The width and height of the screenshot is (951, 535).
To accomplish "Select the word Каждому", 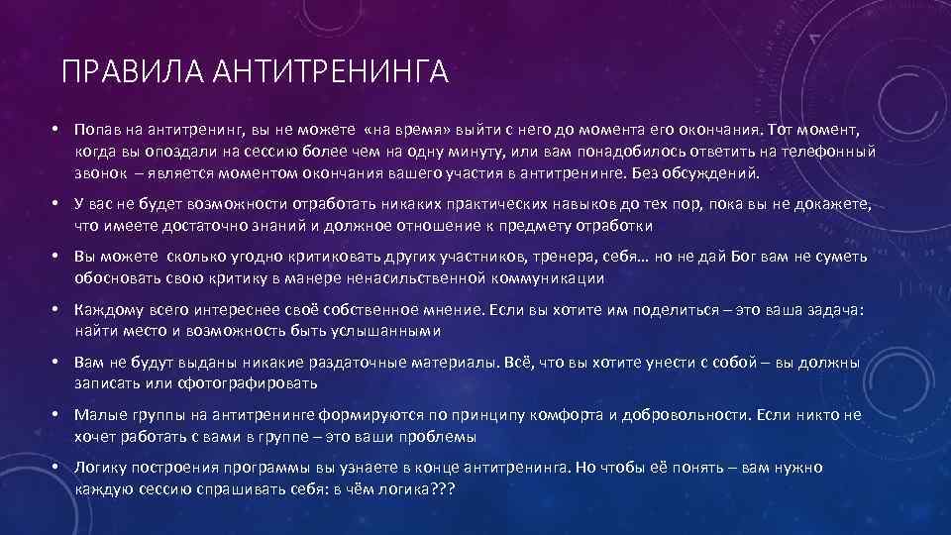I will pos(107,310).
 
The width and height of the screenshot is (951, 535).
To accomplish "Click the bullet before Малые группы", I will pos(59,415).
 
